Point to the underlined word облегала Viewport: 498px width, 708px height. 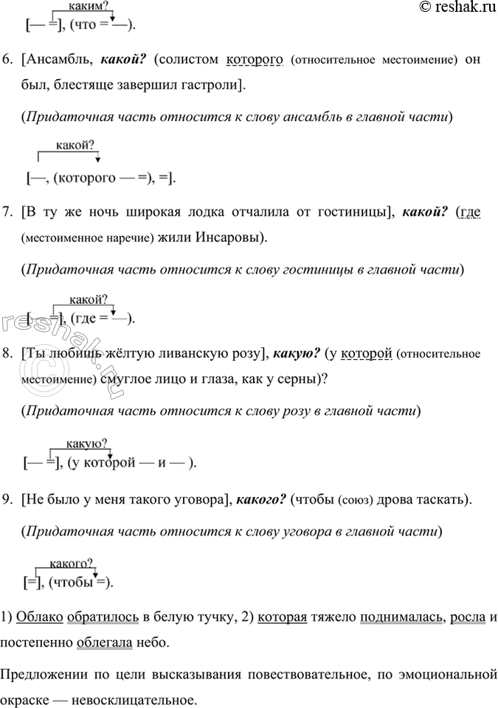(x=106, y=642)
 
